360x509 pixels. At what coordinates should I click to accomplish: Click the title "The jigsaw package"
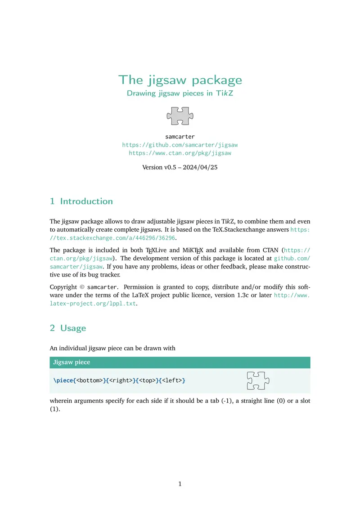coord(180,80)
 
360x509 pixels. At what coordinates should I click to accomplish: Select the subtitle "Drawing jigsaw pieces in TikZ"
coord(180,94)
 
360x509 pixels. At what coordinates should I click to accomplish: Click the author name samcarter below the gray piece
coord(180,136)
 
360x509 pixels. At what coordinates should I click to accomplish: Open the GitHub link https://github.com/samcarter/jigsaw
coord(180,145)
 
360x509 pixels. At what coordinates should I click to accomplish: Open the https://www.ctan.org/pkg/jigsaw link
coord(180,153)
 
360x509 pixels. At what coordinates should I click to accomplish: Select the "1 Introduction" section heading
coord(81,201)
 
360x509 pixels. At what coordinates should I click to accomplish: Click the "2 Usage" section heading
coord(68,328)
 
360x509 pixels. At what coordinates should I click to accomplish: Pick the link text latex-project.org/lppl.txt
coord(92,304)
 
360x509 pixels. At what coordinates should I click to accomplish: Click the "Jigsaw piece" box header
coord(72,362)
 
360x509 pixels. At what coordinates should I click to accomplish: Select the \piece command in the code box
coord(63,380)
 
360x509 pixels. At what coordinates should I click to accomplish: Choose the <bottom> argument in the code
coord(89,380)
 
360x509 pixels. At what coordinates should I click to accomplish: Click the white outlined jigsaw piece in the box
coord(258,380)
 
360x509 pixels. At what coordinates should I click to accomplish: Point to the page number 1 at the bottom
coord(180,484)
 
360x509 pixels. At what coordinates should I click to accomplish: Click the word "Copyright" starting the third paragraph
coord(63,287)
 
